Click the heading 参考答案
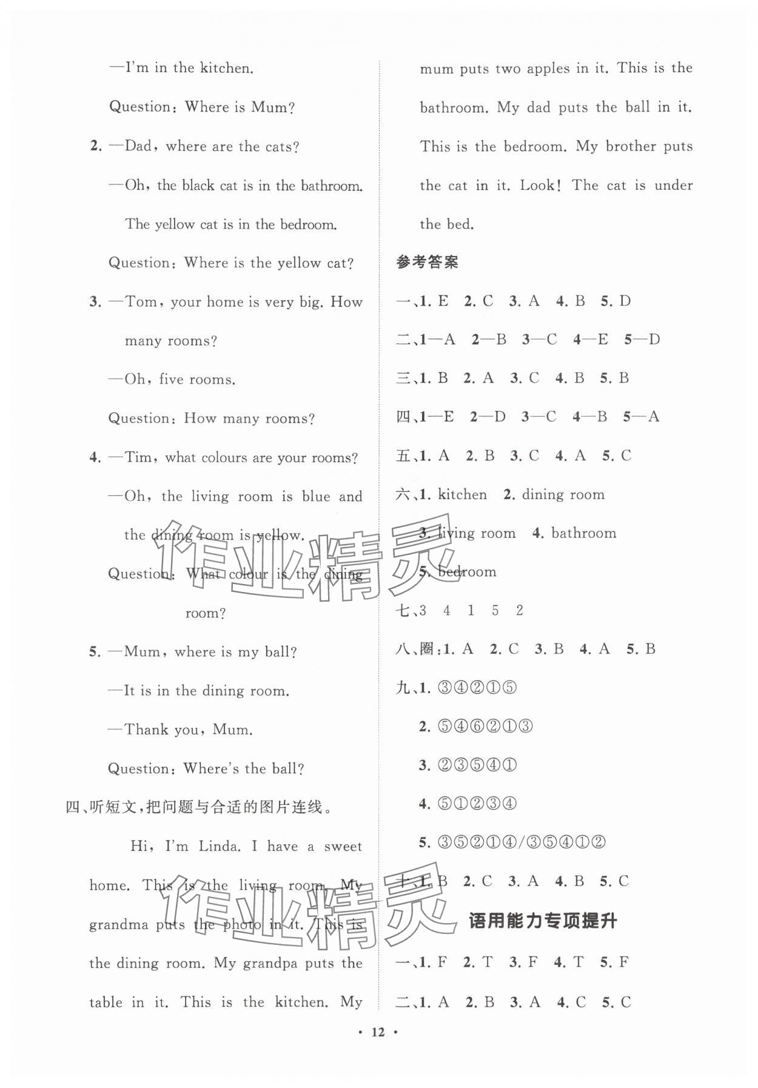(x=427, y=263)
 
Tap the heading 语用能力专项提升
(x=543, y=921)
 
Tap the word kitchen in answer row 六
(x=462, y=495)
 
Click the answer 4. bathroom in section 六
(x=574, y=534)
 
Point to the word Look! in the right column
(x=540, y=186)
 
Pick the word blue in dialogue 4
(x=316, y=497)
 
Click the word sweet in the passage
(x=343, y=847)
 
